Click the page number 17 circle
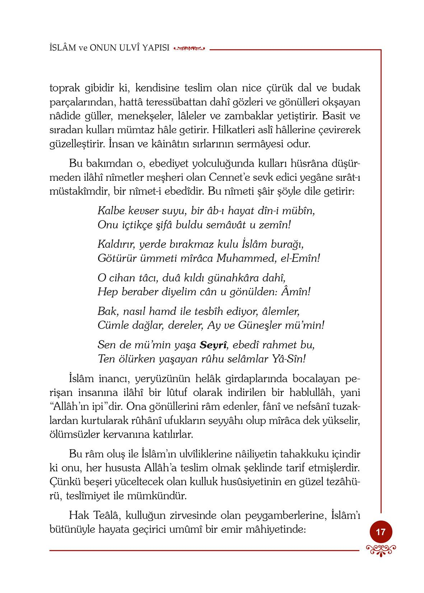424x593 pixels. click(x=381, y=532)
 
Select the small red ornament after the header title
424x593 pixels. click(x=189, y=48)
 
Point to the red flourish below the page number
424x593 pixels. click(x=381, y=550)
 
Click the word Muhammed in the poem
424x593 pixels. click(x=246, y=258)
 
